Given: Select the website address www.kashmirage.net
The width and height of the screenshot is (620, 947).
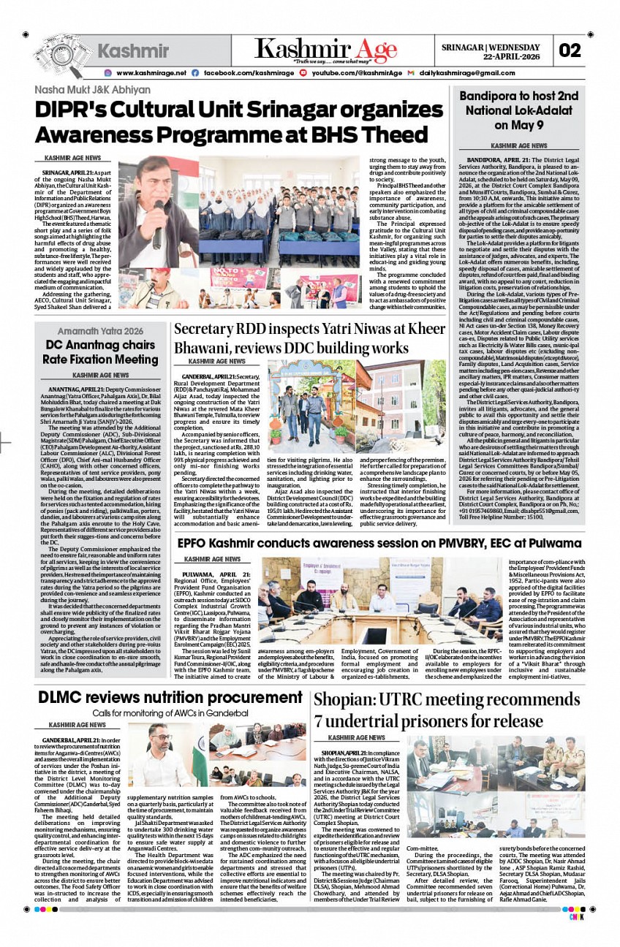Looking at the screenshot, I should (x=151, y=73).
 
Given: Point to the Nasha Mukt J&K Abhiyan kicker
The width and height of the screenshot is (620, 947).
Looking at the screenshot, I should (x=92, y=91).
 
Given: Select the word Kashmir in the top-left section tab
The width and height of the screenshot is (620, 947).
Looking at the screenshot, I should (x=133, y=51).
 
